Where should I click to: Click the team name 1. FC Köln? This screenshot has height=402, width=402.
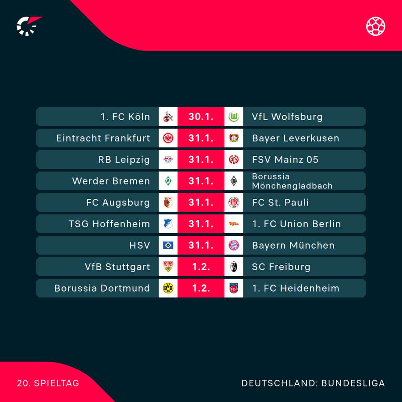125,117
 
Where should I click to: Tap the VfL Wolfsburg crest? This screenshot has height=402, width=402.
234,117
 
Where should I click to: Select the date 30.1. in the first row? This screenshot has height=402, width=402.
201,117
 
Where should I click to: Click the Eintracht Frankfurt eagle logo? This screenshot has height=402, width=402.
168,138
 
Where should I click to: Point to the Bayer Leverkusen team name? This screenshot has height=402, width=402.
295,138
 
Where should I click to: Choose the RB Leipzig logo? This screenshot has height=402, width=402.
168,159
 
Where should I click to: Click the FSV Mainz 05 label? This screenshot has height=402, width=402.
285,159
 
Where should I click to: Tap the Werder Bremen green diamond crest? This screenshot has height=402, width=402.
168,181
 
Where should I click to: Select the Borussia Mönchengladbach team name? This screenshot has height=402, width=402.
292,181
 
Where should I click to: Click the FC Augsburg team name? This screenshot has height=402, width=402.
118,202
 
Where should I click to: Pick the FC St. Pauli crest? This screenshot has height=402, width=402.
234,202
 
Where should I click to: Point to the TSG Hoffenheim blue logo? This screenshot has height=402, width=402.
168,224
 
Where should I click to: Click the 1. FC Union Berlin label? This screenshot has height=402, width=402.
296,224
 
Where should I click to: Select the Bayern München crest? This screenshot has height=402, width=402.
234,245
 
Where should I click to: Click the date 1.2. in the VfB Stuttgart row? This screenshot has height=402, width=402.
201,267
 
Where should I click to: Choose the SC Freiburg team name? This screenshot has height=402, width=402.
281,267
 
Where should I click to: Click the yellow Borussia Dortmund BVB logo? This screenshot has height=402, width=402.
168,288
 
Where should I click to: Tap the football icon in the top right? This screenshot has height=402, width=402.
376,26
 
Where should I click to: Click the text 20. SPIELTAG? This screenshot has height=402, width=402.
48,383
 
